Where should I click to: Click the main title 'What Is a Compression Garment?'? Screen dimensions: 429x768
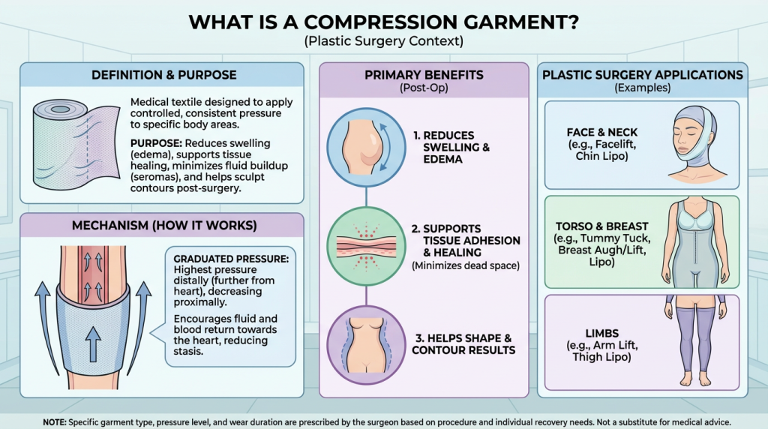click(x=383, y=21)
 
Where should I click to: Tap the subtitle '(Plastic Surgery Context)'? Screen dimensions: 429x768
click(x=383, y=42)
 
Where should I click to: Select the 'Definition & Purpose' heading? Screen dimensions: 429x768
click(x=163, y=75)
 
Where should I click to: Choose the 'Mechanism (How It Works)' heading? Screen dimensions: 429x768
click(x=163, y=226)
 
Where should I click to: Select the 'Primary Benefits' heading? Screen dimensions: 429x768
click(x=424, y=75)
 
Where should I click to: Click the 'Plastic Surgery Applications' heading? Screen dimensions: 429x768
click(x=643, y=75)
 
